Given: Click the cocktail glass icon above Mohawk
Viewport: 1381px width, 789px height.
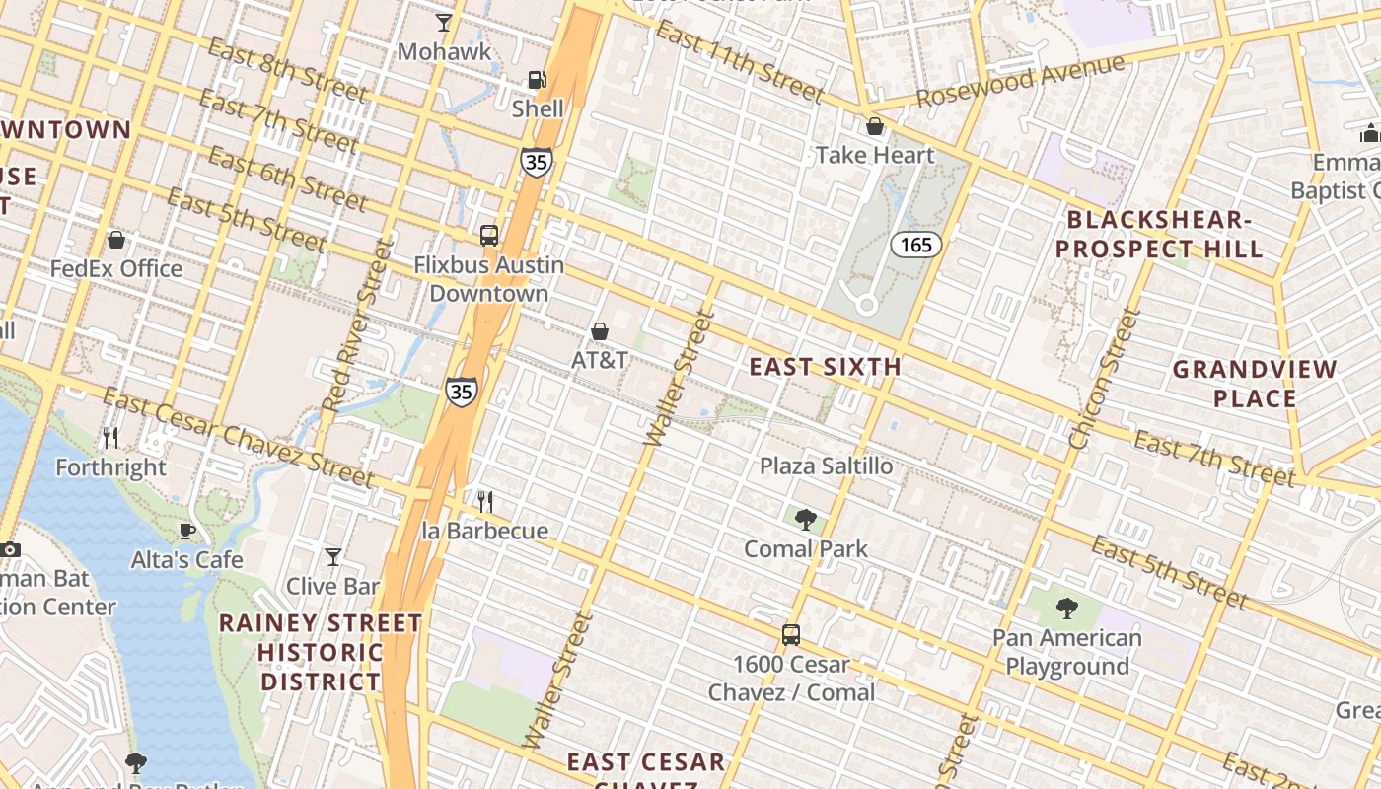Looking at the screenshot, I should point(444,22).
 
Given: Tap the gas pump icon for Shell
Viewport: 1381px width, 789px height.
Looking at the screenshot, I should point(537,80).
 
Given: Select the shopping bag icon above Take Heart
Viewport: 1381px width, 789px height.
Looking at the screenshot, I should point(874,126).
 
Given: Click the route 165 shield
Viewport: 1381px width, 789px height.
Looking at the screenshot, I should point(916,244).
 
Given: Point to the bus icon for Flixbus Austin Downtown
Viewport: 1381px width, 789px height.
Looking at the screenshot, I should point(488,236).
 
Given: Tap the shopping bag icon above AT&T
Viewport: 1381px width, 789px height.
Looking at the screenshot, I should point(599,331).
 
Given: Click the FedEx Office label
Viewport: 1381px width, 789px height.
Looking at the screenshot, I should point(116,268).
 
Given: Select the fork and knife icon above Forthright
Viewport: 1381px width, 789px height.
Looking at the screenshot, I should point(110,437).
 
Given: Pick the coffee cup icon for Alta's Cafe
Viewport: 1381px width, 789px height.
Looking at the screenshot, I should point(186,531).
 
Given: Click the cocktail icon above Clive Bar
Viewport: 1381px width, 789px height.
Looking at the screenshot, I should point(333,557).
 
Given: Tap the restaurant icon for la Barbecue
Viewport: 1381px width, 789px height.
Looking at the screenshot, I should point(484,502).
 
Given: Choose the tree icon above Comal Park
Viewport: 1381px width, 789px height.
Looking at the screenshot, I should point(806,519).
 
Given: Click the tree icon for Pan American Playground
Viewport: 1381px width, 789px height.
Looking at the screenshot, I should point(1066,608).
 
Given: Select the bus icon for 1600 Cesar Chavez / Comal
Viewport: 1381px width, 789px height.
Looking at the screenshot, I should point(791,635).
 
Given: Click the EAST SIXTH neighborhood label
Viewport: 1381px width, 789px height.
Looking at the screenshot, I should point(826,367).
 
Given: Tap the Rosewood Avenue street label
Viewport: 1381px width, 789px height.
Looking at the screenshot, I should point(1020,82).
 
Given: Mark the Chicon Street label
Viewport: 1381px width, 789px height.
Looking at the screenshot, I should point(1105,380).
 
